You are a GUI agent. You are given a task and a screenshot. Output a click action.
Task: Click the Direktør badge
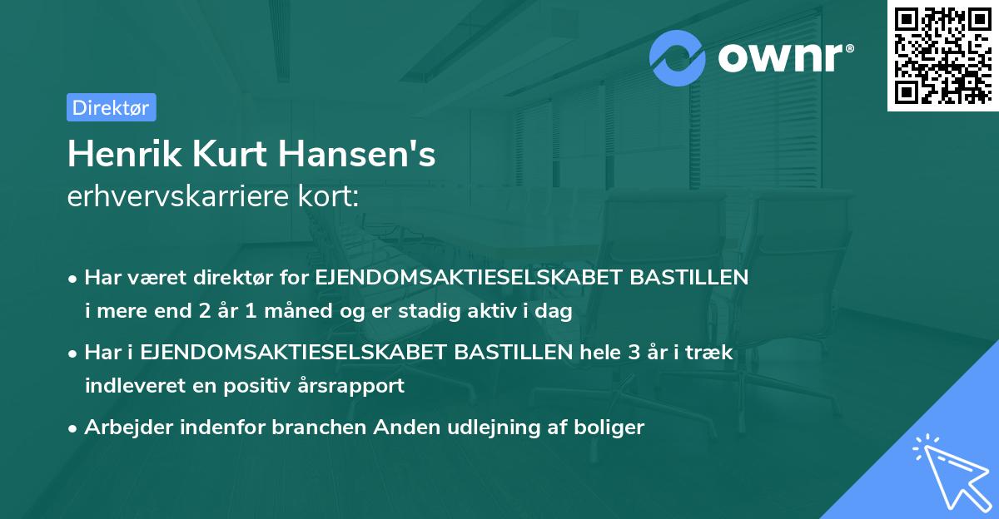click(111, 107)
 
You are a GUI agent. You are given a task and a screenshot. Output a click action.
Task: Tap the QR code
click(942, 55)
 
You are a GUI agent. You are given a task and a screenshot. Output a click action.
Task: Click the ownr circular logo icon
click(678, 57)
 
